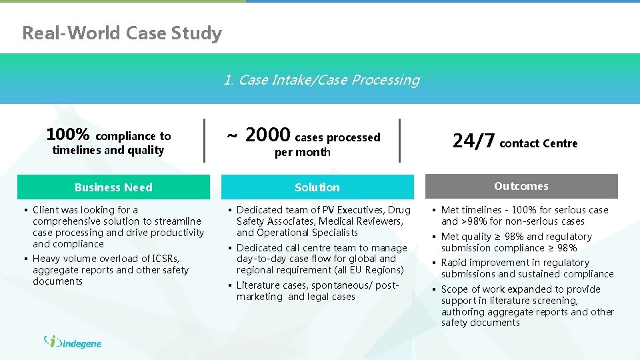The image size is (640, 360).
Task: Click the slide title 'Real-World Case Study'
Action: pos(122,33)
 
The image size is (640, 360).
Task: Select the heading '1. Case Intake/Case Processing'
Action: pos(321,80)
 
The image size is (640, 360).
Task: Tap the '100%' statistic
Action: pos(68,134)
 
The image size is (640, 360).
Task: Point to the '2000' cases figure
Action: pos(267,135)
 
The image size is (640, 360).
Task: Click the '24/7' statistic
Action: pos(473,141)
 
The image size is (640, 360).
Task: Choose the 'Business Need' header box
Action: pos(113,187)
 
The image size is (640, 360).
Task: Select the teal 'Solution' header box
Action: pos(317,187)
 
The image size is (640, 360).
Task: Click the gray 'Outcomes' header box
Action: pos(521,186)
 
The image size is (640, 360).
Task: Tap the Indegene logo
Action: pos(73,341)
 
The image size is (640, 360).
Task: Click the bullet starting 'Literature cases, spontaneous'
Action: pos(317,291)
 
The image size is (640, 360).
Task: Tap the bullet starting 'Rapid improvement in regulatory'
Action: pos(527,268)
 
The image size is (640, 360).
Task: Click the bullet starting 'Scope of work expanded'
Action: pos(527,306)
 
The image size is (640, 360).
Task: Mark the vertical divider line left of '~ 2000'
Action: pos(204,140)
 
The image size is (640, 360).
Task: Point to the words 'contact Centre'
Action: pos(539,143)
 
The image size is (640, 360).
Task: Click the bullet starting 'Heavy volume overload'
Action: pos(110,270)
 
